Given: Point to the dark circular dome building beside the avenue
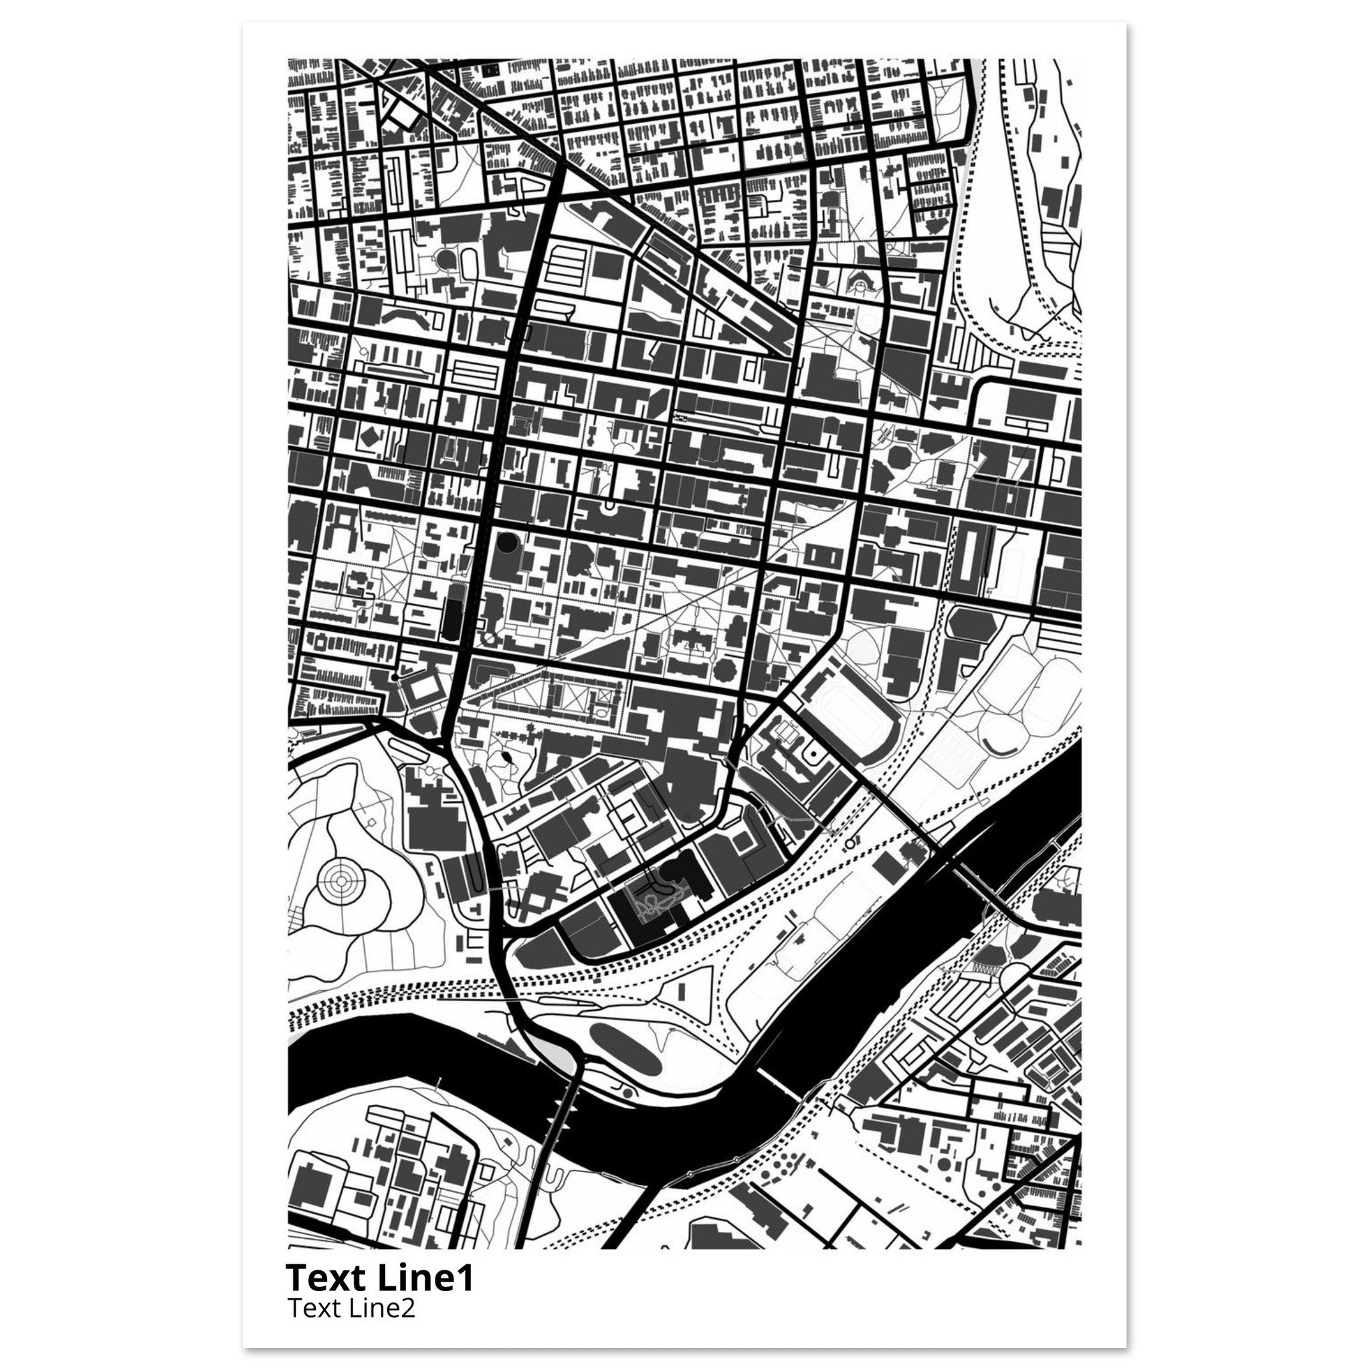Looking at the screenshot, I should (x=506, y=543).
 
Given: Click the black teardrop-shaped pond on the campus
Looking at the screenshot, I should (x=508, y=759).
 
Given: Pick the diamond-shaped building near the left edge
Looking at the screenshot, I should (x=368, y=437).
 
